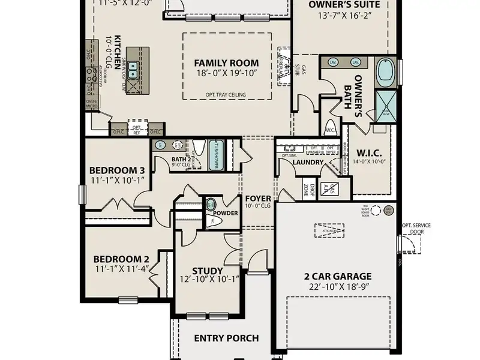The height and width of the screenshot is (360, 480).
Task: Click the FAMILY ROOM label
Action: point(226,62)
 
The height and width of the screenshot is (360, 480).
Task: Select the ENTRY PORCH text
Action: point(226,338)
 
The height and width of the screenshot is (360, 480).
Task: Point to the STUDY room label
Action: point(207,271)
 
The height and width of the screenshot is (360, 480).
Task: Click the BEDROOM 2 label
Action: point(121,259)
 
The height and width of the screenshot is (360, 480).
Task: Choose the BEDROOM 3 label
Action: point(117,169)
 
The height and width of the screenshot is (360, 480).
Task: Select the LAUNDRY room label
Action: point(308,163)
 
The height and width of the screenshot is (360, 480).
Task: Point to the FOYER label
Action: point(257,198)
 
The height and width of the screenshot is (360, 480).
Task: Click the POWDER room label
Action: point(226,213)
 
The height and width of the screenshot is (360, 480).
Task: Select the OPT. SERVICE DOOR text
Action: point(416,229)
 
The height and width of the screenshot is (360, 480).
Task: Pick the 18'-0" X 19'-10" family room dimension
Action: point(226,73)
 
